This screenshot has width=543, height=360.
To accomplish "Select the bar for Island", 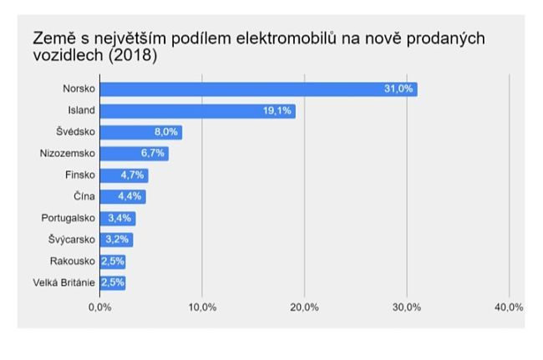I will pyautogui.click(x=197, y=111).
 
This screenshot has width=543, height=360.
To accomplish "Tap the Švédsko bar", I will pyautogui.click(x=140, y=132).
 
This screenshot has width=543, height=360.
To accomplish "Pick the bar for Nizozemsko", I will pyautogui.click(x=134, y=154).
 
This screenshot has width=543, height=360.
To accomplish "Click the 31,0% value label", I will pyautogui.click(x=398, y=89).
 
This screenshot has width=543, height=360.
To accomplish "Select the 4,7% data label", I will pyautogui.click(x=131, y=175).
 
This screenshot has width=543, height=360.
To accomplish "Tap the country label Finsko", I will pyautogui.click(x=80, y=175).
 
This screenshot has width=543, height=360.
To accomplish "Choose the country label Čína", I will pyautogui.click(x=84, y=197).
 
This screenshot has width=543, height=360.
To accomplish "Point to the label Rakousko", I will pyautogui.click(x=74, y=261).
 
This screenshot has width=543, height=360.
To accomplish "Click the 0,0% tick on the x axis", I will pyautogui.click(x=99, y=307).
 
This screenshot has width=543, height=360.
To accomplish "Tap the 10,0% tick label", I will pyautogui.click(x=202, y=307).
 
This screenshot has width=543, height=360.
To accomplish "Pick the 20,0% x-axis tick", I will pyautogui.click(x=304, y=307).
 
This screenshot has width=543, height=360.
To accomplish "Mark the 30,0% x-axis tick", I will pyautogui.click(x=407, y=307).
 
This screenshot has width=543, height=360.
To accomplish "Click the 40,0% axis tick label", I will pyautogui.click(x=508, y=307).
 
